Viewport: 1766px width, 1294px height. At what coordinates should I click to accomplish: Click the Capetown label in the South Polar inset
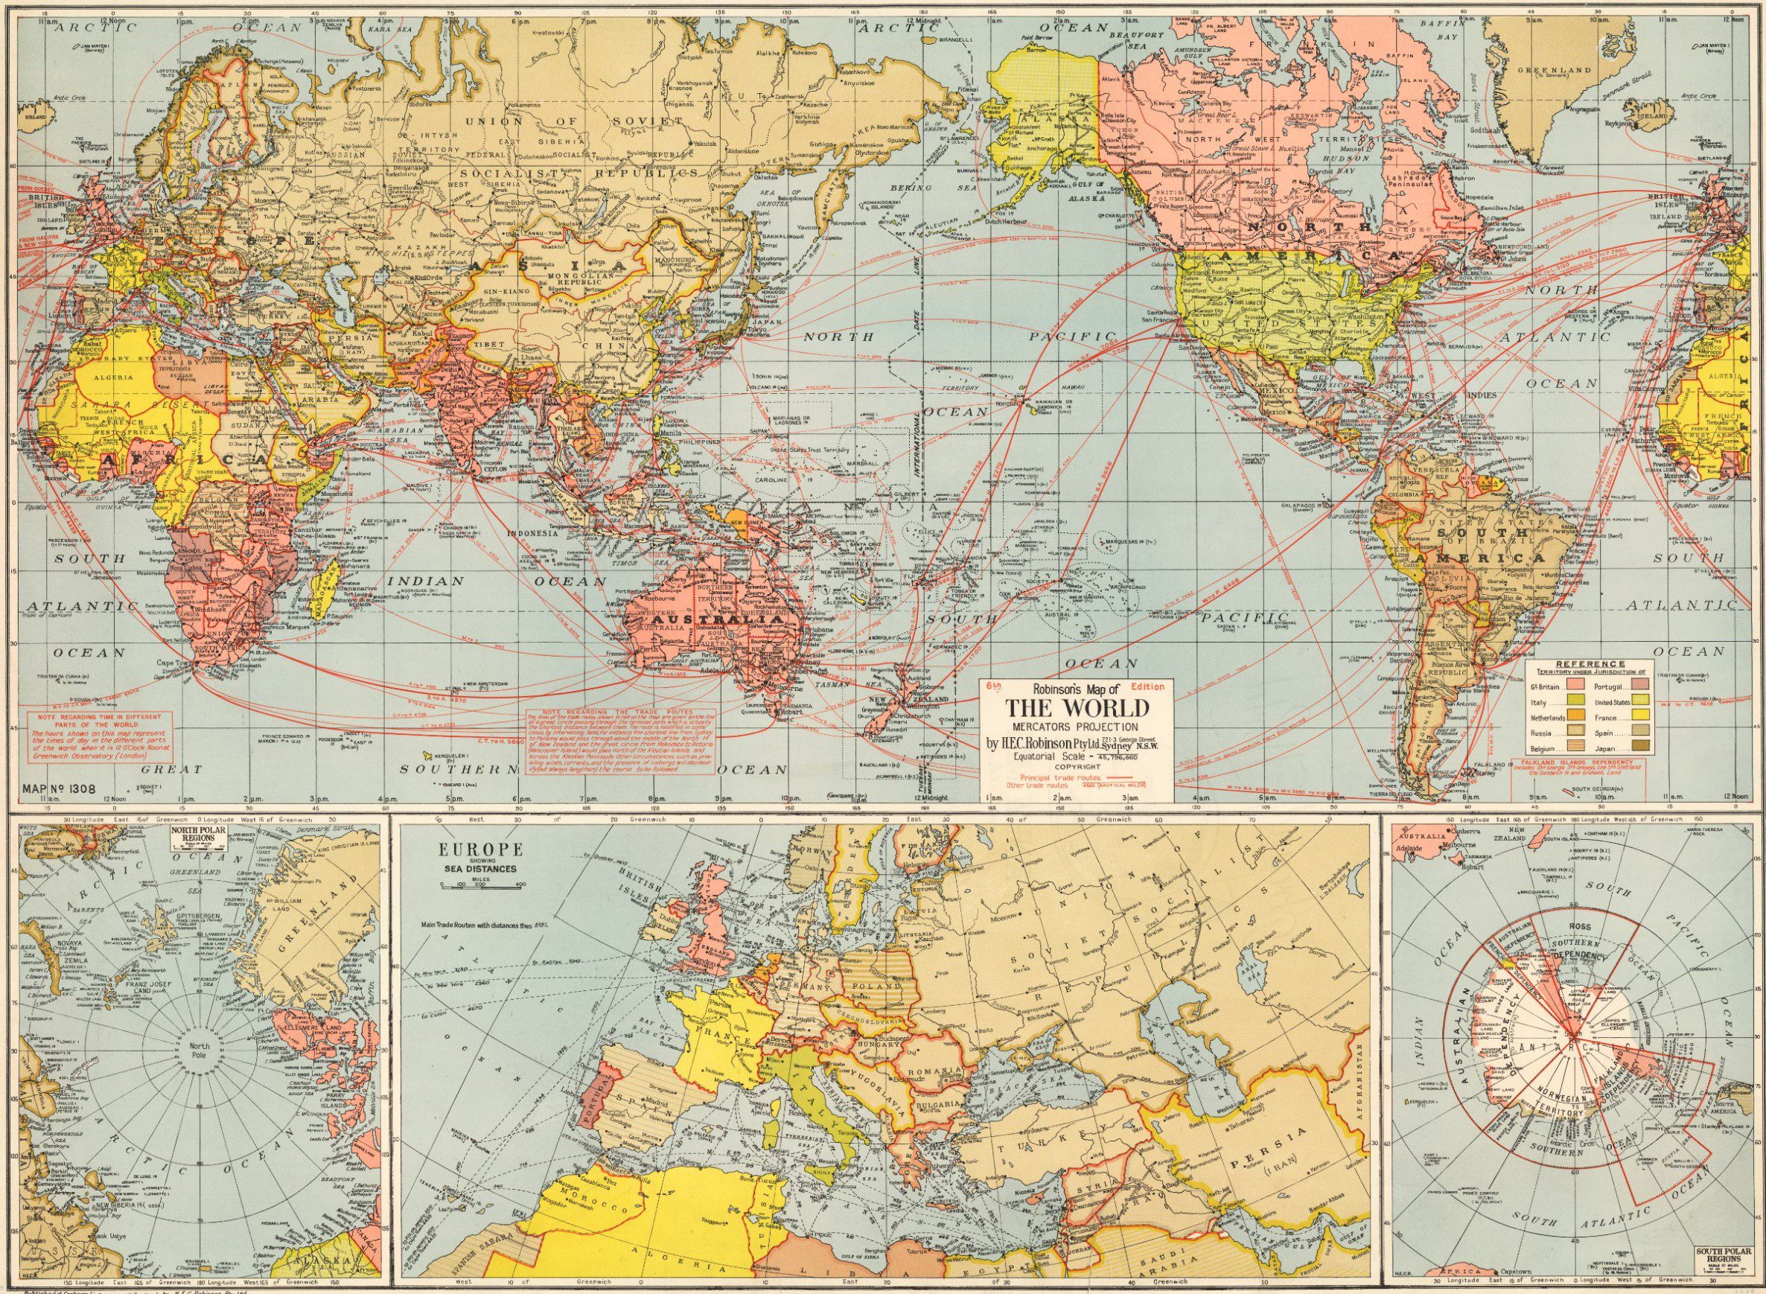pos(1516,1271)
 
